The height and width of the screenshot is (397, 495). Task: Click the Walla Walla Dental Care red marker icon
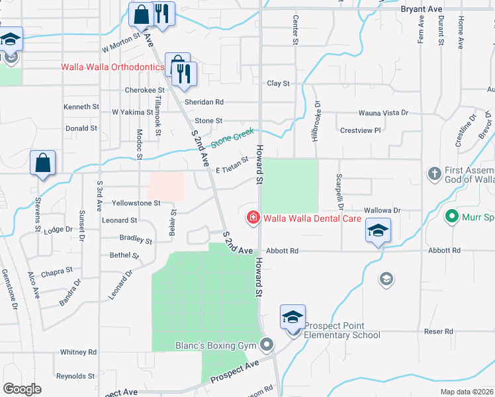coord(252,218)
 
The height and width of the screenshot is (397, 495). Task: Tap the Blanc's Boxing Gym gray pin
coord(267,345)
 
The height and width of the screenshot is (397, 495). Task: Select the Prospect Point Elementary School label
coord(342,330)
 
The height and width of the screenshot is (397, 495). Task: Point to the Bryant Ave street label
coord(422,9)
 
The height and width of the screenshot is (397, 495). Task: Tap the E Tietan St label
coord(231,164)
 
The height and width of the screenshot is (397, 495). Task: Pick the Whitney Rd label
coord(78,352)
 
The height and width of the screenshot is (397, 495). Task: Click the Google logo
coord(22,389)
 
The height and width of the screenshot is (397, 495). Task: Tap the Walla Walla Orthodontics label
coord(112,67)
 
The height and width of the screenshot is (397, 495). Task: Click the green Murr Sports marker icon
coord(452,216)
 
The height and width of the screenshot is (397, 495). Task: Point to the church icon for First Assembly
coord(434,174)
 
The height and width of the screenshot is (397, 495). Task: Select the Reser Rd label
coord(439,331)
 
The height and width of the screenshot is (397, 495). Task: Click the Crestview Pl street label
coord(360,130)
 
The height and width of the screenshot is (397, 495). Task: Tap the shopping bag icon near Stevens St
coord(42,163)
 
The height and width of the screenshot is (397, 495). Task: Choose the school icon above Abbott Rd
coord(378,230)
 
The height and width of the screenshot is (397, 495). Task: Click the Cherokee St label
coord(144,90)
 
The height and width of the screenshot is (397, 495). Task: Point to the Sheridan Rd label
coord(204,102)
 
